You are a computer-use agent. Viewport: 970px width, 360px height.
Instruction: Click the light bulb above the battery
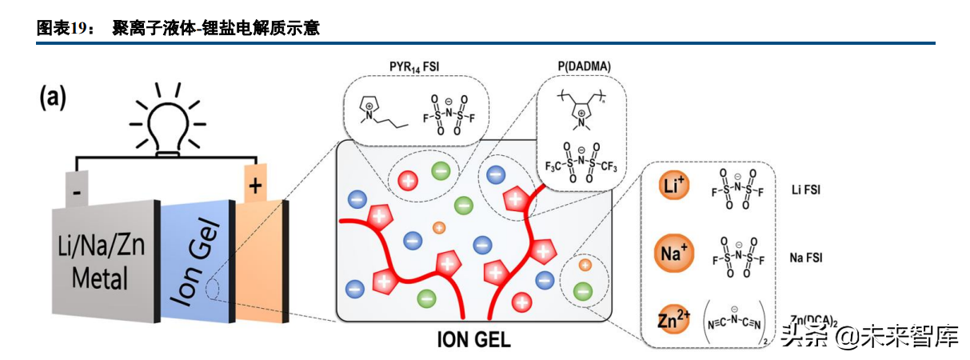point(167,125)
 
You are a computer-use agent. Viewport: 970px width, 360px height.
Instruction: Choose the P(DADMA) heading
point(579,65)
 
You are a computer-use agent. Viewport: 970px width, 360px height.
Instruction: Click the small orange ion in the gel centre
point(438,229)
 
